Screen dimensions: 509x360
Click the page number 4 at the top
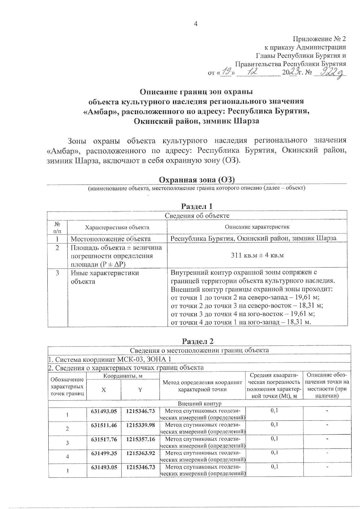point(196,24)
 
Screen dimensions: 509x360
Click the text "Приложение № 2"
point(319,39)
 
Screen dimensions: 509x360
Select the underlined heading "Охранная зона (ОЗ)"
point(196,180)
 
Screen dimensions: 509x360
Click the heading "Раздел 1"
point(197,206)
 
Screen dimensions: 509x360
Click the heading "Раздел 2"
point(198,341)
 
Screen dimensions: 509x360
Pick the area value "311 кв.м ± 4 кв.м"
point(257,255)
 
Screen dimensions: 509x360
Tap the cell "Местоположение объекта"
point(110,239)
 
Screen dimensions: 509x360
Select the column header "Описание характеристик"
point(257,227)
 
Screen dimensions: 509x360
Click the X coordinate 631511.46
point(104,425)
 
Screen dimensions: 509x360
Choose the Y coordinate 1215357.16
point(140,439)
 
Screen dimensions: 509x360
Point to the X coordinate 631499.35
point(104,453)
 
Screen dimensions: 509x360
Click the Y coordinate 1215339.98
point(140,425)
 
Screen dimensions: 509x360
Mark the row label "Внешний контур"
point(199,403)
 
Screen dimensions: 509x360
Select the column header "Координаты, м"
point(123,376)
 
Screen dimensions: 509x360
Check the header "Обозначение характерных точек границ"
point(67,387)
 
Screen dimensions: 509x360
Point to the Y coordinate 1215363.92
point(140,453)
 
